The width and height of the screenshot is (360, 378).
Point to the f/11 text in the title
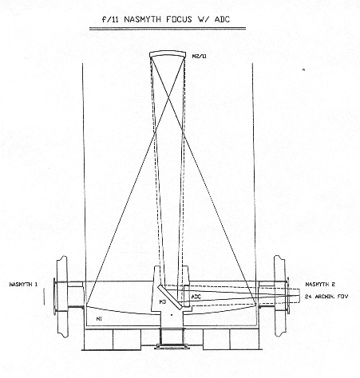pyautogui.click(x=111, y=19)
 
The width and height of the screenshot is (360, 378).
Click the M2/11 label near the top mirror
pyautogui.click(x=199, y=56)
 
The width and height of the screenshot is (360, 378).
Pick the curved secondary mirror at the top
pyautogui.click(x=167, y=54)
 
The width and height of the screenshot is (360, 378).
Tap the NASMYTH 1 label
pyautogui.click(x=23, y=285)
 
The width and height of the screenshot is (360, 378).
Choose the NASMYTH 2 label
pyautogui.click(x=320, y=285)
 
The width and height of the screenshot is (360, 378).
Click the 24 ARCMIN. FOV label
pyautogui.click(x=326, y=297)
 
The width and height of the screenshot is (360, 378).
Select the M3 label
pyautogui.click(x=163, y=301)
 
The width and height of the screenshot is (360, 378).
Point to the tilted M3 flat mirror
pyautogui.click(x=170, y=297)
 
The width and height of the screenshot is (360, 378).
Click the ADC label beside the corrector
pyautogui.click(x=196, y=297)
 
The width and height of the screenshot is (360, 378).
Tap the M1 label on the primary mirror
pyautogui.click(x=99, y=319)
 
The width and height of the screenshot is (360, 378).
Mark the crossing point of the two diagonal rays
pyautogui.click(x=168, y=99)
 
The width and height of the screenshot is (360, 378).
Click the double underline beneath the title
pyautogui.click(x=168, y=29)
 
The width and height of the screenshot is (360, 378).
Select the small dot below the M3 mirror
pyautogui.click(x=172, y=315)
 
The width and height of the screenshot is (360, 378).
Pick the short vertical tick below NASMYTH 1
pyautogui.click(x=44, y=297)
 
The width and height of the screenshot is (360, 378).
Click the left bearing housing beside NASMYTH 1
pyautogui.click(x=61, y=297)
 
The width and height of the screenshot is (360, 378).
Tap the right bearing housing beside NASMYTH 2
pyautogui.click(x=280, y=296)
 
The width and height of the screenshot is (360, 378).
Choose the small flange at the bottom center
pyautogui.click(x=172, y=346)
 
